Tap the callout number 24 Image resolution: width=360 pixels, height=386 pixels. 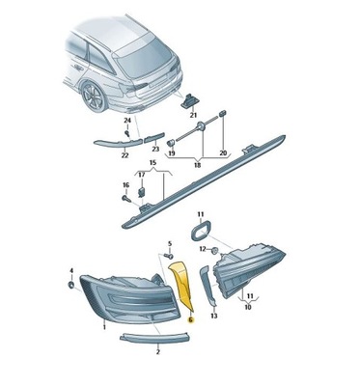click(126, 119)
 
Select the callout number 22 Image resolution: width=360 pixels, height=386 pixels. click(124, 153)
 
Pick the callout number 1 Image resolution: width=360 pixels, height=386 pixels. click(103, 327)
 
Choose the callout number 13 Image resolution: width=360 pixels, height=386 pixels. click(213, 315)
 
